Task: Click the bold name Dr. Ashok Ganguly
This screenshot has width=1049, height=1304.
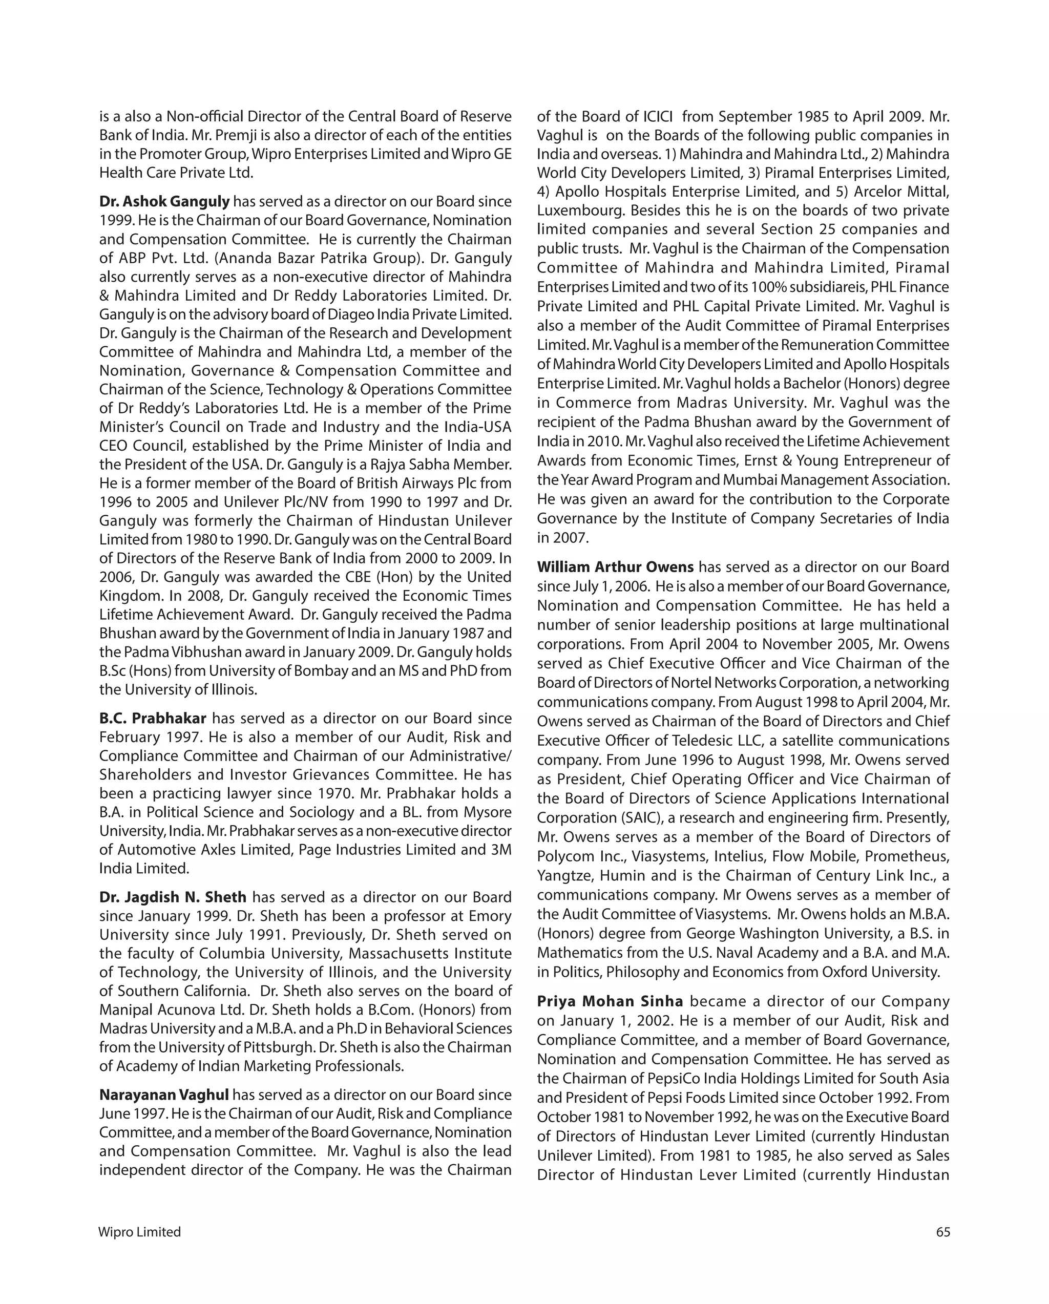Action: (164, 201)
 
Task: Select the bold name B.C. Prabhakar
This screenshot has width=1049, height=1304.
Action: (153, 718)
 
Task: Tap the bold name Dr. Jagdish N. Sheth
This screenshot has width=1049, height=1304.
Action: (173, 897)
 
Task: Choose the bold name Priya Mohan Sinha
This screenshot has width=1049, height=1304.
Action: (610, 1001)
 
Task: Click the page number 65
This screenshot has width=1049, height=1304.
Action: (942, 1232)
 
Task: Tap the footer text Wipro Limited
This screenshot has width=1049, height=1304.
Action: (139, 1232)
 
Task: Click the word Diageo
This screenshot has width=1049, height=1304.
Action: (351, 314)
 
